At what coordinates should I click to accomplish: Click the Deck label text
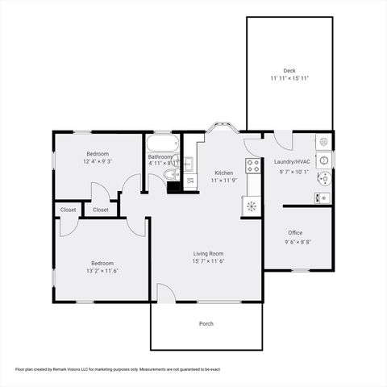289,70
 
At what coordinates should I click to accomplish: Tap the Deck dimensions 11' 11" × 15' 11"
289,78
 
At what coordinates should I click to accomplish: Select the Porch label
206,324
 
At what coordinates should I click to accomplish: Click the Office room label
295,233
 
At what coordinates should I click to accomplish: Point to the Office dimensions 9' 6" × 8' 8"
296,242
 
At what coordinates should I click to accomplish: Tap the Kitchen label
223,173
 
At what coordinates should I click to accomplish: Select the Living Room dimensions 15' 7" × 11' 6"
207,261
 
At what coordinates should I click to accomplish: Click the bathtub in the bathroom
160,144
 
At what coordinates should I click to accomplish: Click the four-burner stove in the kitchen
253,167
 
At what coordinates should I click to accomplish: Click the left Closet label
68,210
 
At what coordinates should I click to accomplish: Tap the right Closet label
101,210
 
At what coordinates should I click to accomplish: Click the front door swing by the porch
164,293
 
